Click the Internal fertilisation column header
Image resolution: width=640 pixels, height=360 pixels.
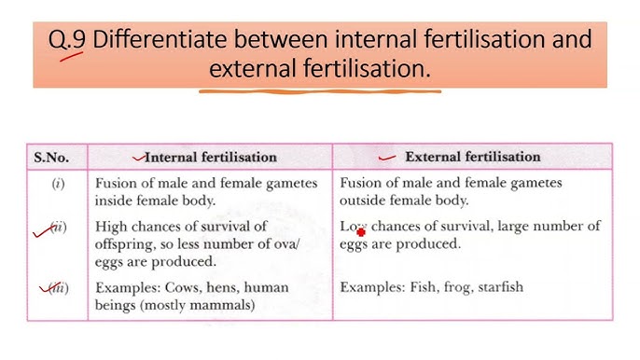tap(211, 157)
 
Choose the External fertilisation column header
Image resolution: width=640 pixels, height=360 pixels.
tap(473, 157)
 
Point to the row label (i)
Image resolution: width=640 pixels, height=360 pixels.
tap(58, 184)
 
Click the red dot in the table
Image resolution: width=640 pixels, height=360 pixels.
tap(361, 233)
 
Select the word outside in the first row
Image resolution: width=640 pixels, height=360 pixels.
tap(364, 201)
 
